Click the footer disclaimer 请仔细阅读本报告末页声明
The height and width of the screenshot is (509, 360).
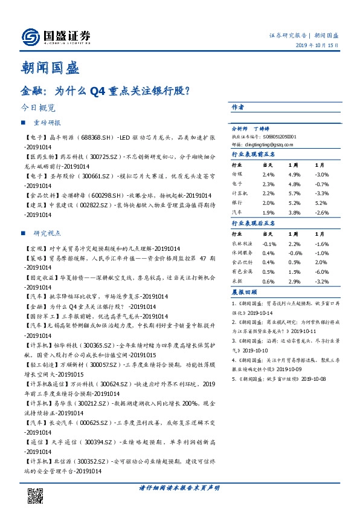179,487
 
